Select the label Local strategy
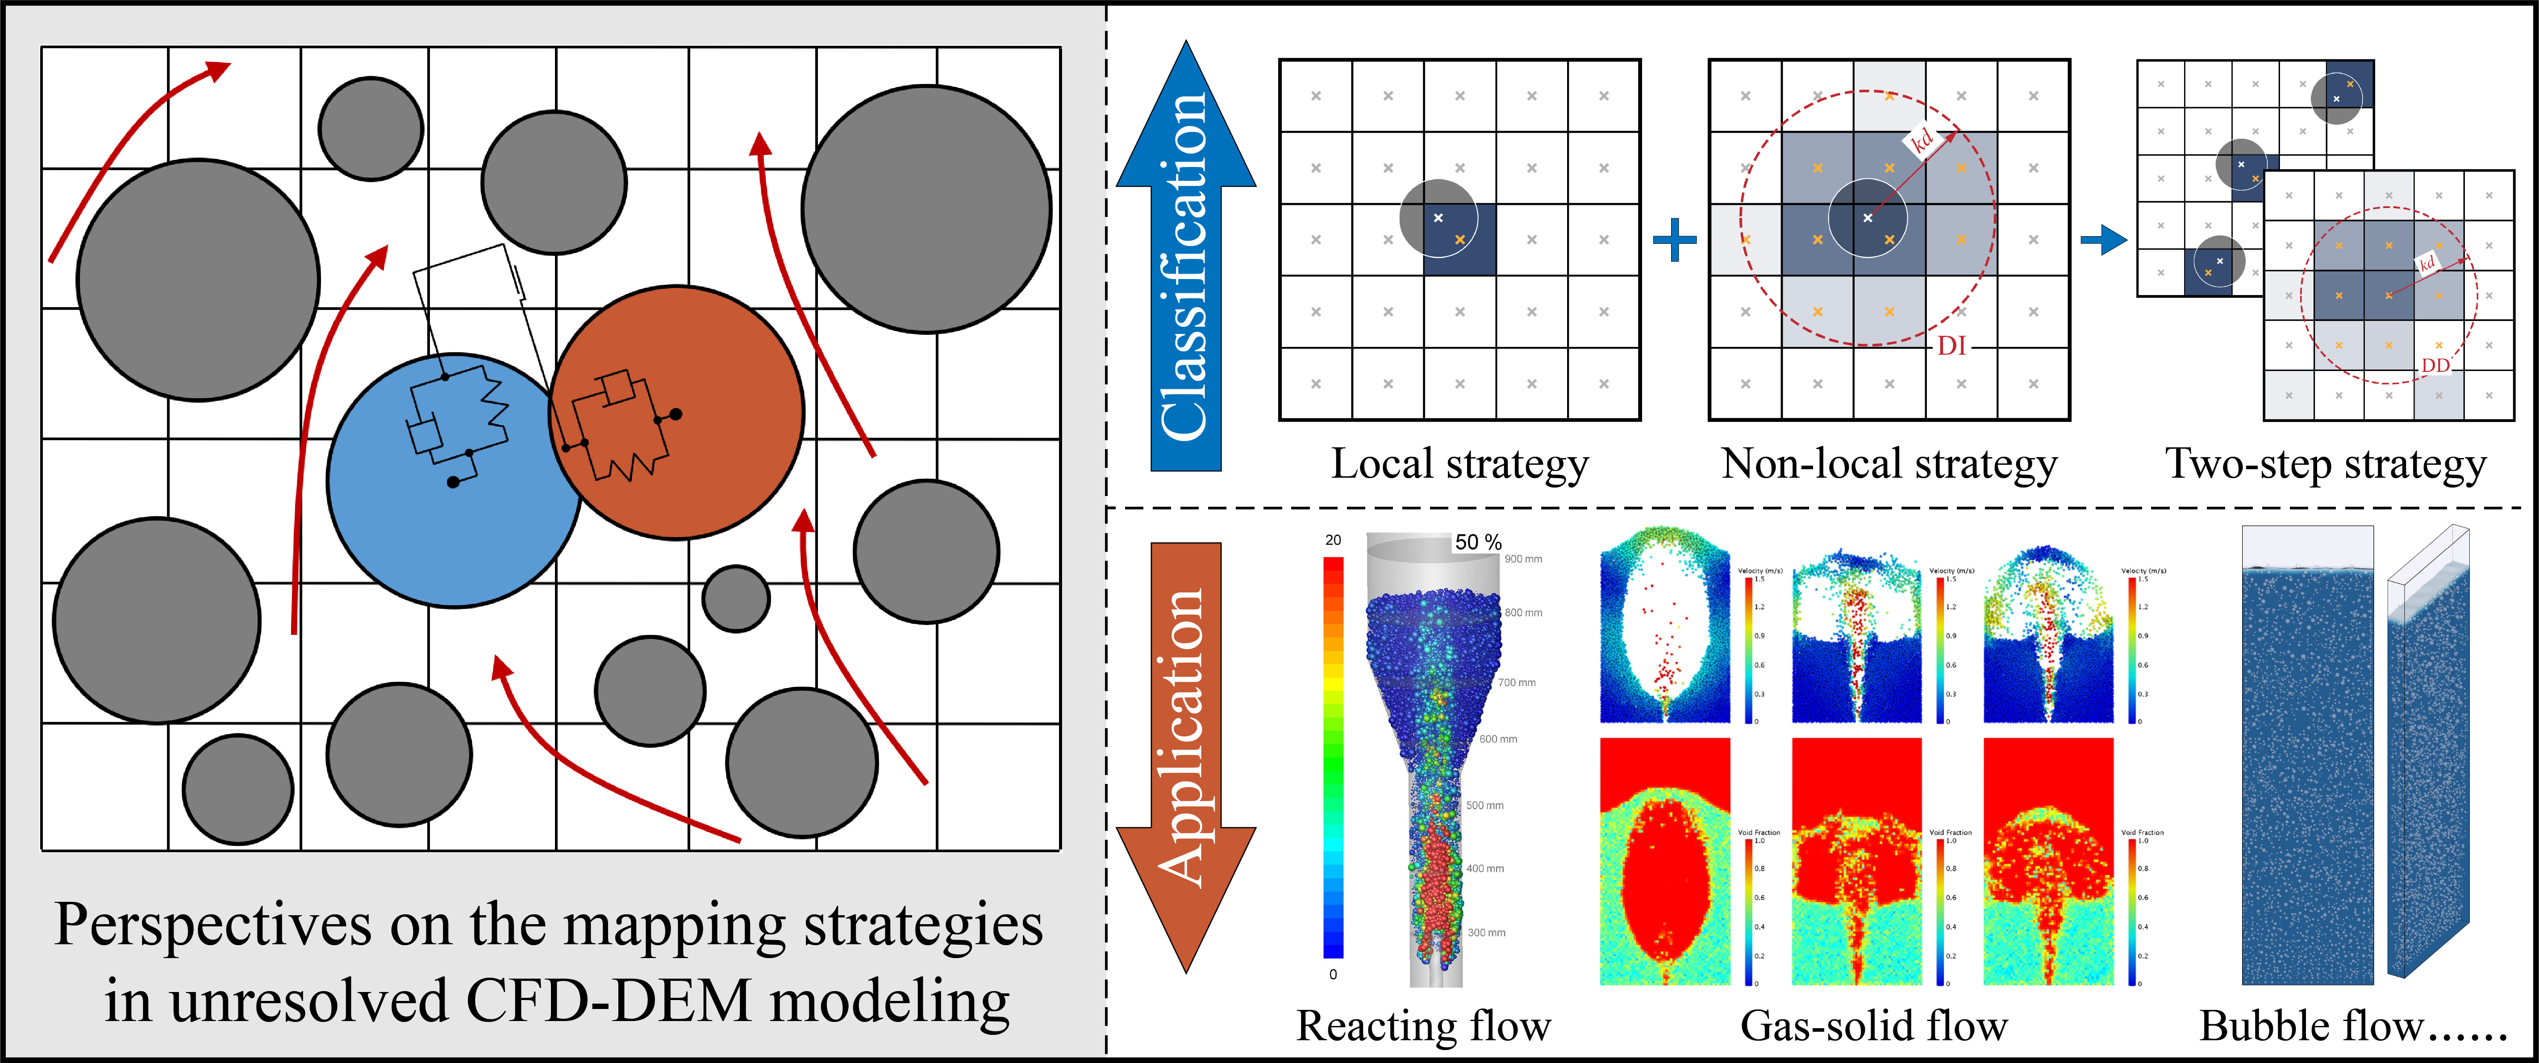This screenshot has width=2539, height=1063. (x=1460, y=464)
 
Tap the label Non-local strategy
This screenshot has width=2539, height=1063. (x=1889, y=464)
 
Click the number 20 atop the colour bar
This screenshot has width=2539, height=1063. (x=1333, y=540)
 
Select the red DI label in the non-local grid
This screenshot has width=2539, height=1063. (x=1951, y=346)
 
